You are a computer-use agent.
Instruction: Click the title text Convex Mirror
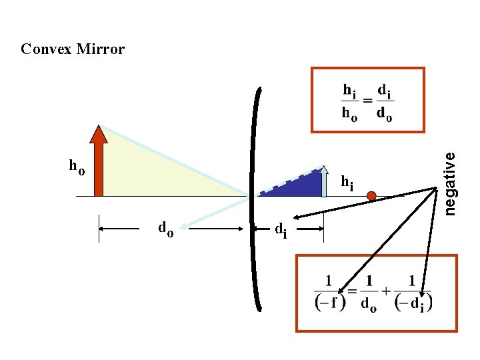(73, 49)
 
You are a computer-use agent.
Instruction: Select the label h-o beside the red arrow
(77, 166)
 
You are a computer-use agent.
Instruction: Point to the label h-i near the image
(347, 181)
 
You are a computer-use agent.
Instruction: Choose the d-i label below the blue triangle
(281, 230)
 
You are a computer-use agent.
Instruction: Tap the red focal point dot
(371, 196)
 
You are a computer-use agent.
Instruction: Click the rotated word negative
(451, 183)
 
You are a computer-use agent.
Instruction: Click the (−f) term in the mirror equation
(330, 301)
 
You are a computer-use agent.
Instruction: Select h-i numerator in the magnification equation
(349, 89)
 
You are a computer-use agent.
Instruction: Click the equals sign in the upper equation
(367, 101)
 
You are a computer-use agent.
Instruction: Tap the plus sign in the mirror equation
(385, 291)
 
